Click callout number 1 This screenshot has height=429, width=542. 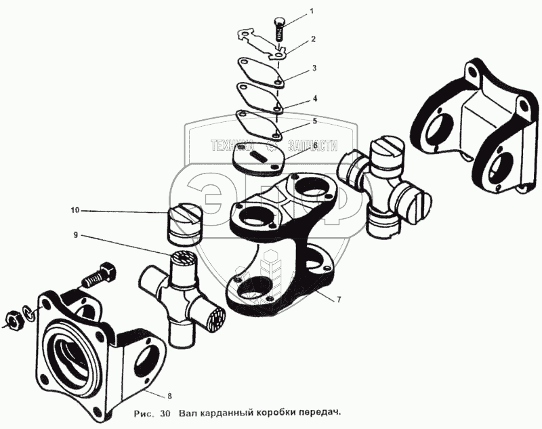[312, 12]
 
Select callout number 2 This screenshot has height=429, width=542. [314, 39]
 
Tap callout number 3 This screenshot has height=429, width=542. [314, 68]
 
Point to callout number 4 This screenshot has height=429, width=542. [314, 98]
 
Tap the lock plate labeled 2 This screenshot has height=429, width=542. [261, 42]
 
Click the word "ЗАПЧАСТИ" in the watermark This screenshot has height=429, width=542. [311, 145]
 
